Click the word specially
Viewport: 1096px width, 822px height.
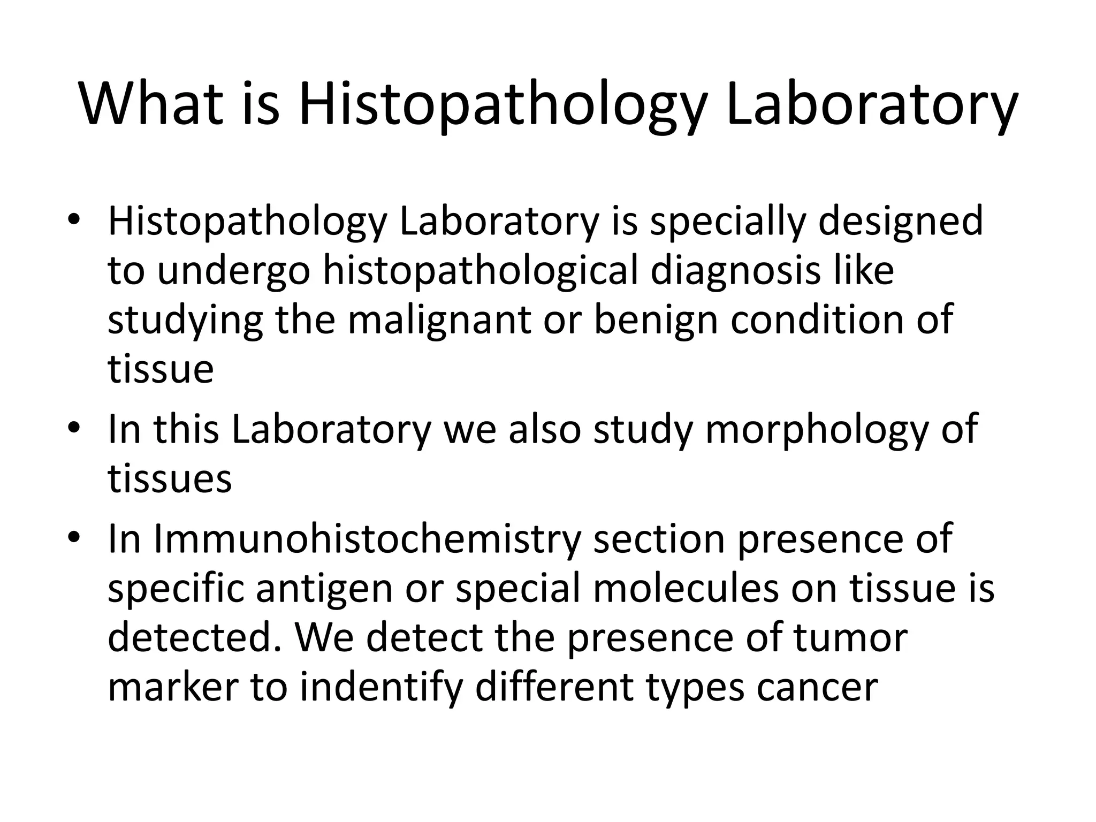[727, 222]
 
